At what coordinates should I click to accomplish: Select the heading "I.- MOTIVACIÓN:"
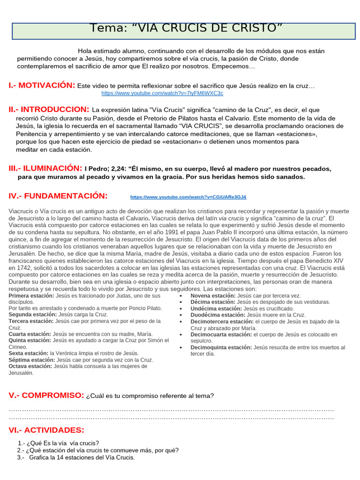(42, 85)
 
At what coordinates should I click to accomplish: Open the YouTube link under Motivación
(162, 93)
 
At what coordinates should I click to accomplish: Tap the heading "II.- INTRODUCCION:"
(49, 109)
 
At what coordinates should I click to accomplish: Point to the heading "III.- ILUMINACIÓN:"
(45, 168)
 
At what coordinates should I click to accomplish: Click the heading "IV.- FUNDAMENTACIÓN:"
(58, 196)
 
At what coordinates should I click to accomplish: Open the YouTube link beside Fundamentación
(188, 197)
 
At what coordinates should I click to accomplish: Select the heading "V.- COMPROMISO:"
(46, 395)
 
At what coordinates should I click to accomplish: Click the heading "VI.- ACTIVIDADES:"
(46, 430)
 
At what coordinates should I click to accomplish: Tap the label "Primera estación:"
(31, 296)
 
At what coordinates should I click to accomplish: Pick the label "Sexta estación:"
(29, 353)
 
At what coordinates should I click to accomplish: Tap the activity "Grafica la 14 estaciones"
(82, 457)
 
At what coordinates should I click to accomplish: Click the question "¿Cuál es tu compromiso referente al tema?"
(150, 396)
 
